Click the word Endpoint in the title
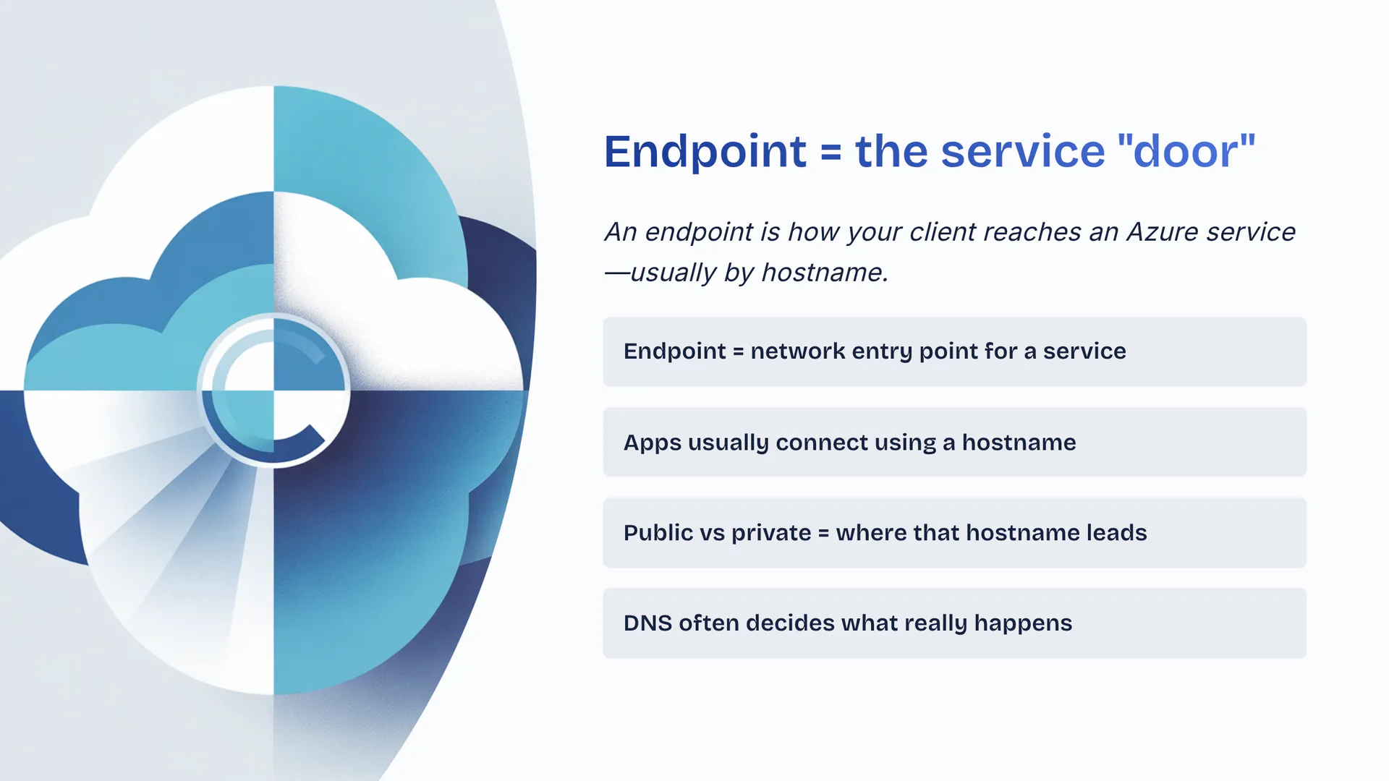(705, 152)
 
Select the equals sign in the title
(831, 153)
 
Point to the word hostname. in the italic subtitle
(825, 273)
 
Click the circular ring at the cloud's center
(273, 390)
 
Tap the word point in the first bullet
(946, 351)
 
